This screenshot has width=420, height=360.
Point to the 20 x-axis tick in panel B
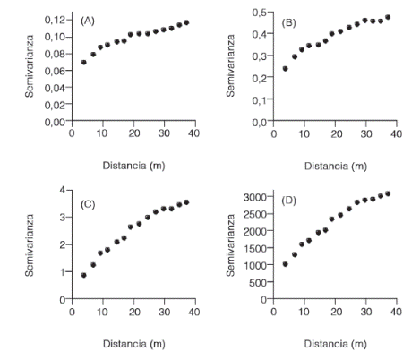click(335, 133)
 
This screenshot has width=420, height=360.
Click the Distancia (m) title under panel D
click(334, 343)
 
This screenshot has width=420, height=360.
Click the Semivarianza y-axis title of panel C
click(30, 244)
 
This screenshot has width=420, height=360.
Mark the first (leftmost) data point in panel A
click(84, 63)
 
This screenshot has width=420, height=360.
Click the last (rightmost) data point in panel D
click(388, 193)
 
